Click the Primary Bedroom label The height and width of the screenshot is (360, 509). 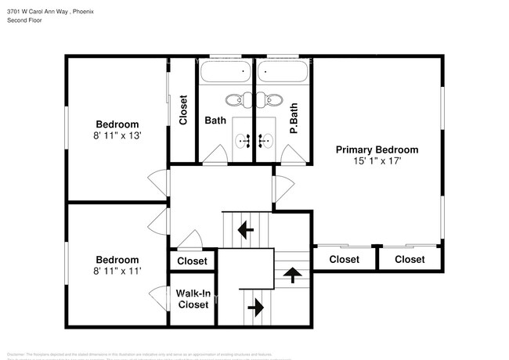click(377, 149)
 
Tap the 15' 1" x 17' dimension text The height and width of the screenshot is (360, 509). click(377, 162)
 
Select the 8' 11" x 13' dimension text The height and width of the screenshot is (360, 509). click(117, 136)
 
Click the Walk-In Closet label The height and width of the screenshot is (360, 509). click(192, 299)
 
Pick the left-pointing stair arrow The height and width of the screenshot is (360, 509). click(246, 230)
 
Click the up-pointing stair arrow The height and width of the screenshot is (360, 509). click(293, 274)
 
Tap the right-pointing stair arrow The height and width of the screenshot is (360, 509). click(255, 308)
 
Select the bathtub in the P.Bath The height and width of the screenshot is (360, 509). click(283, 73)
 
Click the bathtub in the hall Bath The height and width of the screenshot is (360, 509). click(226, 73)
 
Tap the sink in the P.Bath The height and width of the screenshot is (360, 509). click(266, 141)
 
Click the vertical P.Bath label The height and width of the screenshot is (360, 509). click(294, 121)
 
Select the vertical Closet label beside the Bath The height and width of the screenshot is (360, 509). click(183, 110)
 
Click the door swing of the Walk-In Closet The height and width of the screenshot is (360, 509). click(159, 300)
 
